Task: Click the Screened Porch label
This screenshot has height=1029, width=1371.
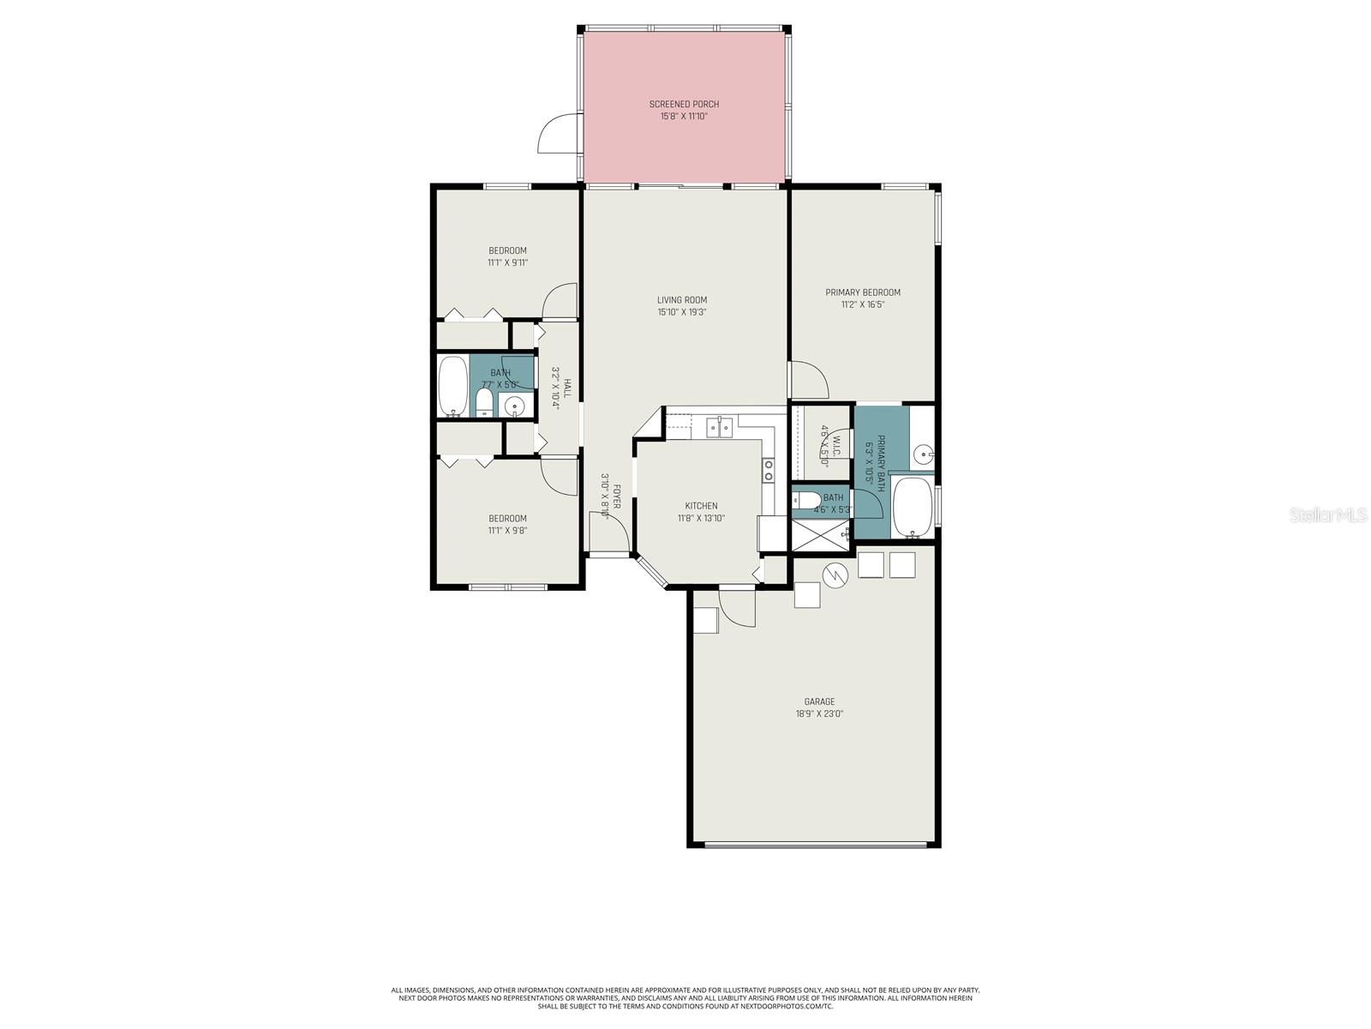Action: point(684,104)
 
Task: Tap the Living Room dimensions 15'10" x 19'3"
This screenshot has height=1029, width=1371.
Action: point(682,312)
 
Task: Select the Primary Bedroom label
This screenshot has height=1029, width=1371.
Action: point(863,292)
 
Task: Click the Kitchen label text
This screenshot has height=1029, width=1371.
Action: point(701,506)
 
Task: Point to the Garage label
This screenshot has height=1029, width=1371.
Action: point(819,701)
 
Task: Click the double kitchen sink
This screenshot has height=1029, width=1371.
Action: point(717,426)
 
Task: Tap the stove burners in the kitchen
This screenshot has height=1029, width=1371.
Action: point(769,469)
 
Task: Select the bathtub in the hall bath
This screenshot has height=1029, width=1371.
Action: point(452,386)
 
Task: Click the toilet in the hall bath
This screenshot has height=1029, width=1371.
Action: point(483,403)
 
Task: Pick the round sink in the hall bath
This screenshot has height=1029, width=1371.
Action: point(515,406)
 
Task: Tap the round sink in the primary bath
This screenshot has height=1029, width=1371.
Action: point(922,454)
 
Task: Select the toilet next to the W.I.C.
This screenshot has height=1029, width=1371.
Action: point(805,500)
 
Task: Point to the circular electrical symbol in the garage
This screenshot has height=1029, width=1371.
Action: point(835,575)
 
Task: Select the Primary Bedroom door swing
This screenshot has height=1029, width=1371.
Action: point(807,380)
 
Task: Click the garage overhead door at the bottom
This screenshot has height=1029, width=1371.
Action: point(815,845)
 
